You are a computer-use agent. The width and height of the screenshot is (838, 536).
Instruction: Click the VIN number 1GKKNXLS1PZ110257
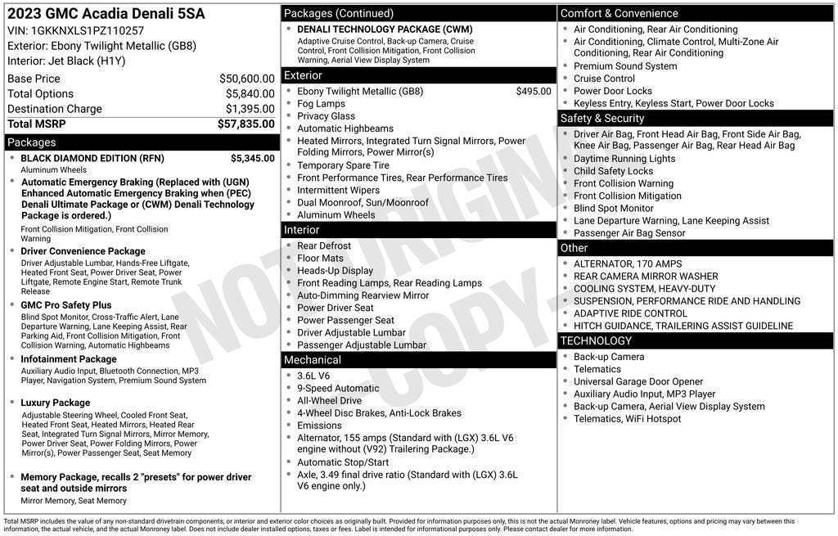[87, 31]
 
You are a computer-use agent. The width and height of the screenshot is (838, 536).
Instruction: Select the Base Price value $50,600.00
[246, 79]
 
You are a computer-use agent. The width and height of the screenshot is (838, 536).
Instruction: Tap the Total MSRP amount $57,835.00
[246, 124]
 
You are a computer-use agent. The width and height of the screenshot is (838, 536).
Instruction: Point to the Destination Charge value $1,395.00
[250, 109]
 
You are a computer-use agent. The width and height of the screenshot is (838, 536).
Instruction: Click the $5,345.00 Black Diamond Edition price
[252, 158]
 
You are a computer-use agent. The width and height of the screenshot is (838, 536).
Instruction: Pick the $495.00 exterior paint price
[534, 92]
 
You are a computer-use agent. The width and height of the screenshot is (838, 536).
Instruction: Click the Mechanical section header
[313, 360]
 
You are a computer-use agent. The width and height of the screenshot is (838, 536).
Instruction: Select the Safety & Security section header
[602, 119]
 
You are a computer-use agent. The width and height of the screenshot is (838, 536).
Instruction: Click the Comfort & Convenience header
[619, 13]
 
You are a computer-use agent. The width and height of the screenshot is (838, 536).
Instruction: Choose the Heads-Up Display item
[335, 271]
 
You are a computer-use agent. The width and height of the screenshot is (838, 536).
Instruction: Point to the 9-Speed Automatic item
[338, 389]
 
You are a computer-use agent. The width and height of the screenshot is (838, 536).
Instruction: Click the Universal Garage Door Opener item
[638, 381]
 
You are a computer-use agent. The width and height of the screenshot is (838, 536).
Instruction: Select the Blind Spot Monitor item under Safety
[614, 208]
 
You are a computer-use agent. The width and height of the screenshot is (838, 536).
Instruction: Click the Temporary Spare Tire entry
[343, 165]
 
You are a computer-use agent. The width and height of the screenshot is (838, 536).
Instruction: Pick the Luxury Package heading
[56, 403]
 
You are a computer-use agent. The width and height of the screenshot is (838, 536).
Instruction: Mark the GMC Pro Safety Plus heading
[66, 305]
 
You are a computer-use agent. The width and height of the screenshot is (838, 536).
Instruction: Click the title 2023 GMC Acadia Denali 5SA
[106, 14]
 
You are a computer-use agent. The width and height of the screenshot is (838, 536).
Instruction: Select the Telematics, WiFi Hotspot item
[627, 419]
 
